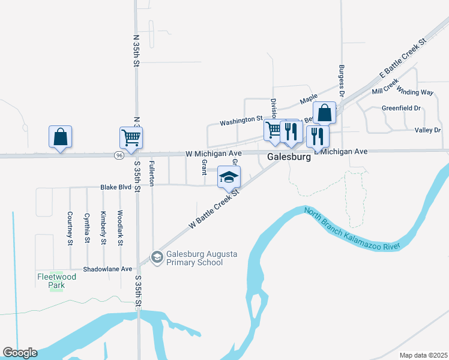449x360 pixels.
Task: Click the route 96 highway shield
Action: (x=120, y=155)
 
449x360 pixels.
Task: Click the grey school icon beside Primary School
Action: (x=157, y=257)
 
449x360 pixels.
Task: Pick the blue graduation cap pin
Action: (x=229, y=177)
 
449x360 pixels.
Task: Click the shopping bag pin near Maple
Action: (x=324, y=113)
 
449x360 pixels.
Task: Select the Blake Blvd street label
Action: (x=116, y=187)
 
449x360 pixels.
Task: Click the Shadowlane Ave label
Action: (x=107, y=269)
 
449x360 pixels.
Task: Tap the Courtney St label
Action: (x=70, y=229)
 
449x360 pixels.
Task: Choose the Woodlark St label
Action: (x=121, y=229)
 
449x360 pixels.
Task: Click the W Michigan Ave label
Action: (x=213, y=154)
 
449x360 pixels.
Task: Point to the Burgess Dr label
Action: (x=341, y=81)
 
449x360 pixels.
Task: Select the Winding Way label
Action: (x=415, y=92)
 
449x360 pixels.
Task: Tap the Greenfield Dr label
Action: (x=401, y=109)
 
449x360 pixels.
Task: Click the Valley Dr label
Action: (x=427, y=130)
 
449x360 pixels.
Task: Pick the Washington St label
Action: (x=241, y=121)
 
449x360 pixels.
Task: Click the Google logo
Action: (x=20, y=353)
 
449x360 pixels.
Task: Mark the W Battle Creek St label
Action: (x=214, y=209)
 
